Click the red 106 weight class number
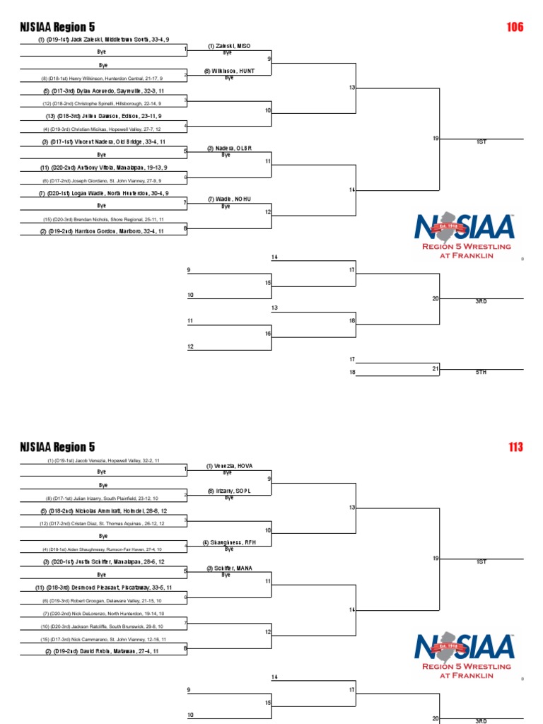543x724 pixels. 515,27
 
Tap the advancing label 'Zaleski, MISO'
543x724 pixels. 228,46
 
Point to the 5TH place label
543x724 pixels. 481,372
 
